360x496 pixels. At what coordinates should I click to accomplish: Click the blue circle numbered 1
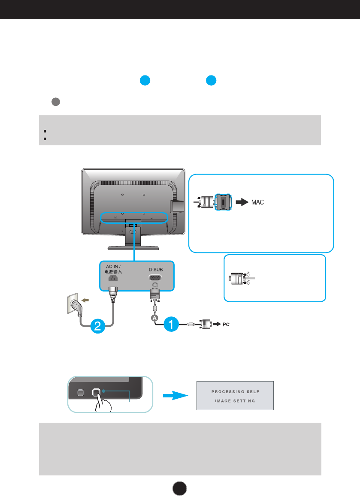click(x=171, y=324)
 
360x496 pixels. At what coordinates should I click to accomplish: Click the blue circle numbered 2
click(x=97, y=326)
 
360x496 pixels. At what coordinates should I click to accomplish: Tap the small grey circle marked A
click(x=154, y=318)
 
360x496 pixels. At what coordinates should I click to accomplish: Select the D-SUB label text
click(x=156, y=270)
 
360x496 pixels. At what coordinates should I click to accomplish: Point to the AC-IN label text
click(x=113, y=267)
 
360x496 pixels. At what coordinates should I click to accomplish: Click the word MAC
click(x=257, y=202)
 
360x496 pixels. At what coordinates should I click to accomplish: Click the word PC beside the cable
click(x=226, y=324)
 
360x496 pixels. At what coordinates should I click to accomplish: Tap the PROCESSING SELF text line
click(x=235, y=391)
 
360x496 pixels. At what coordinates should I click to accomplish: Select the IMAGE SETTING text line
click(x=235, y=401)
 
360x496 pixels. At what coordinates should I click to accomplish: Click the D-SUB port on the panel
click(x=155, y=278)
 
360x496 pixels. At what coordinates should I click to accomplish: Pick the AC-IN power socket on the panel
click(x=113, y=278)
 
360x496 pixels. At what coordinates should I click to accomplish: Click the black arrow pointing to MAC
click(x=242, y=202)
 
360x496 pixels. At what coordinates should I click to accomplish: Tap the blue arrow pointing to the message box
click(x=175, y=395)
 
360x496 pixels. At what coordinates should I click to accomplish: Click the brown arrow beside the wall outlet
click(x=85, y=300)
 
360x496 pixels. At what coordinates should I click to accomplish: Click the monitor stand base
click(x=133, y=248)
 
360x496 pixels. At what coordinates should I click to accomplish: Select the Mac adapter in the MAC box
click(x=223, y=202)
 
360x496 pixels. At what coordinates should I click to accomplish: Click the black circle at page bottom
click(x=179, y=488)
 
